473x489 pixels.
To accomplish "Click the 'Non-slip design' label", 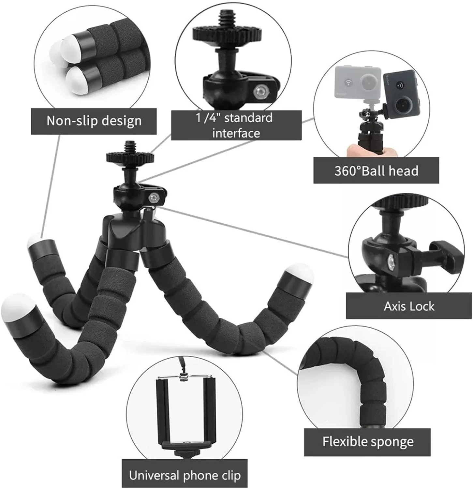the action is coord(94,121).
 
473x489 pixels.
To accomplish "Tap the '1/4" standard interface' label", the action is coord(236,125).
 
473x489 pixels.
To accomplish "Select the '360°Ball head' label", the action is coord(376,170).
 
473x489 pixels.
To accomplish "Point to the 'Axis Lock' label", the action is coord(409,306).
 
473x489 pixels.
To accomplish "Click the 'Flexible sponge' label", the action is coord(367,442).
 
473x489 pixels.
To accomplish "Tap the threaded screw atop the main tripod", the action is coord(130,147).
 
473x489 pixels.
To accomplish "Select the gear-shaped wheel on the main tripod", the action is coord(130,157).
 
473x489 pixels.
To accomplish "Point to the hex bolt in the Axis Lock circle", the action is coord(391,261).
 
